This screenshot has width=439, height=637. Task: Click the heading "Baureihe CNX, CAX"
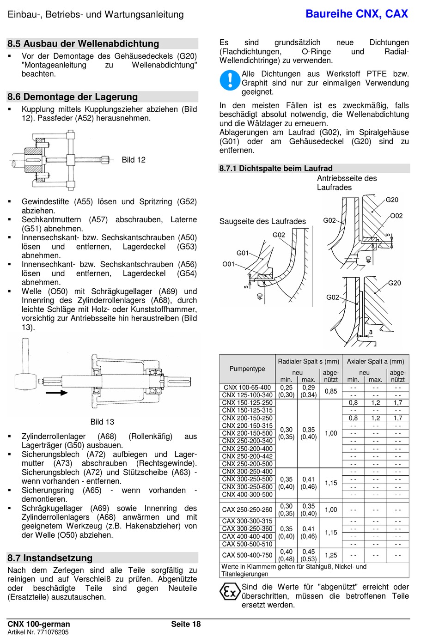(357, 14)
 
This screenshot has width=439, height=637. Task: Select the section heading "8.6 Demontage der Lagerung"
(73, 97)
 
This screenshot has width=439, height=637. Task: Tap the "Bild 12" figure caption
(134, 160)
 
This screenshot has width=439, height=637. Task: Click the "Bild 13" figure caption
(102, 422)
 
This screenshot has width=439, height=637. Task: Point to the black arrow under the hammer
(57, 393)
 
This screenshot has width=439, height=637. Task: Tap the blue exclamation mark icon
(229, 80)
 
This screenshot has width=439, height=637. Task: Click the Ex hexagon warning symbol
(230, 592)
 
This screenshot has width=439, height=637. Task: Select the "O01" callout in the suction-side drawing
(228, 264)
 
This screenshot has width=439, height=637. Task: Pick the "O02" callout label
(396, 216)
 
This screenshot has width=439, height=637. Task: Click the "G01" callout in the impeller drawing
(243, 253)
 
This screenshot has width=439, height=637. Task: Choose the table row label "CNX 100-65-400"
(247, 388)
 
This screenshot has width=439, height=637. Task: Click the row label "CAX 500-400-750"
(247, 555)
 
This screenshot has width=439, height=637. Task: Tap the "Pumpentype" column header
(247, 369)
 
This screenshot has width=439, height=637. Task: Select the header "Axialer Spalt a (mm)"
(375, 361)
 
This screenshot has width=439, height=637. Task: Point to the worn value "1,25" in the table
(331, 555)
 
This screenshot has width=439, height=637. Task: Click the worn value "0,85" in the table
(331, 391)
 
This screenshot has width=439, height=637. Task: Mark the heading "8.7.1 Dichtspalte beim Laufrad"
(276, 169)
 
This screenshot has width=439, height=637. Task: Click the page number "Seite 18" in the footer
(186, 624)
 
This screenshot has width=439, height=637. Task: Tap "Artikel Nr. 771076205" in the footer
(38, 632)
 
